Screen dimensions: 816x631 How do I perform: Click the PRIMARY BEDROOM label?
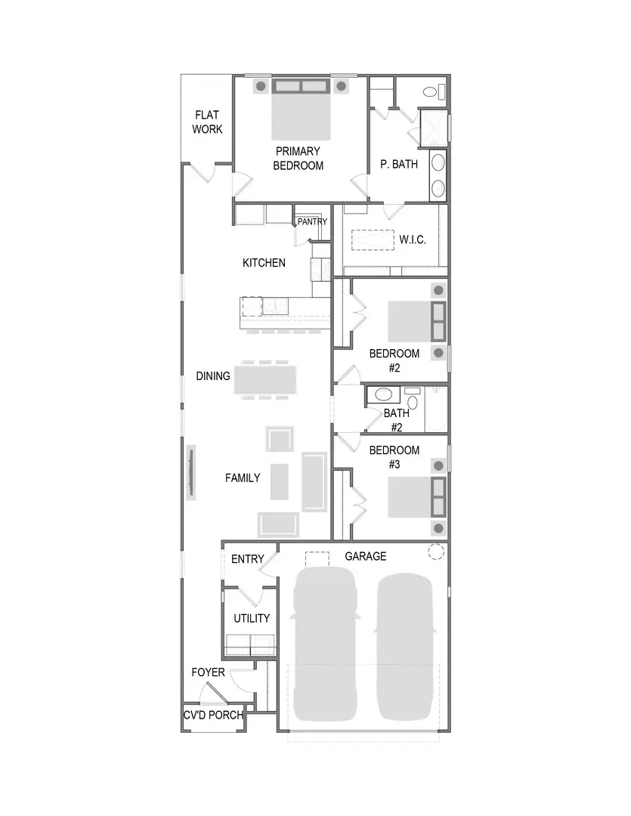point(298,159)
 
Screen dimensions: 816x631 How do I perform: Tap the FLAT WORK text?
point(207,122)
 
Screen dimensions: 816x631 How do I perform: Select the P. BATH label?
point(399,164)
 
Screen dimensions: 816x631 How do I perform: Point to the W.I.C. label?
point(413,240)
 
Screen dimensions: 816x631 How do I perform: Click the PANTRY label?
point(312,222)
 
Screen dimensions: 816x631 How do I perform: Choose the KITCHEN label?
point(264,263)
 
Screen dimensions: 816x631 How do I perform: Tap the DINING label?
point(213,376)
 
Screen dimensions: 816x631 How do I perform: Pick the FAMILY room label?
point(243,478)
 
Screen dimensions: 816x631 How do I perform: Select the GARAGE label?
point(366,556)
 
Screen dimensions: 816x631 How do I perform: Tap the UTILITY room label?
point(252,618)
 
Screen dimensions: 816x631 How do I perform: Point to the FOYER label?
point(208,672)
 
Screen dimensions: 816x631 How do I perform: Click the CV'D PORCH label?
point(213,715)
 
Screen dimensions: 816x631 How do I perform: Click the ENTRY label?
point(248,559)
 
